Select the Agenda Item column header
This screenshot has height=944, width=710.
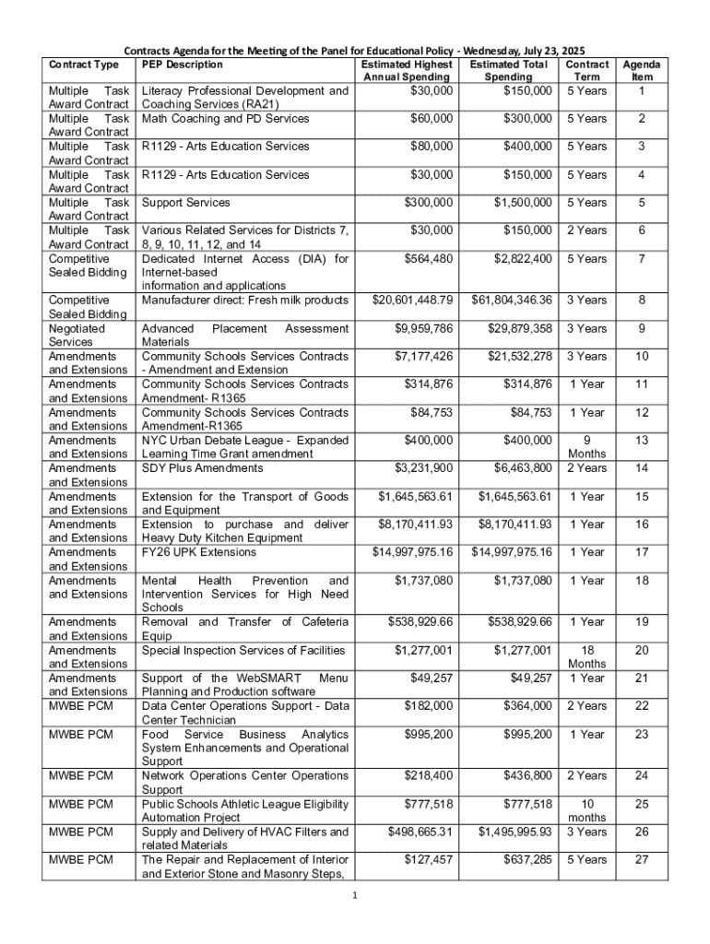click(641, 71)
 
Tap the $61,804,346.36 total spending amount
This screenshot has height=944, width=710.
click(512, 301)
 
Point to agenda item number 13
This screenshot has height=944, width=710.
click(641, 441)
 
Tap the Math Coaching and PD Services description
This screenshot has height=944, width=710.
click(225, 119)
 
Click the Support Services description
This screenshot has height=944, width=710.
click(185, 202)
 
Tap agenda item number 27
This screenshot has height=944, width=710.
click(641, 859)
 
